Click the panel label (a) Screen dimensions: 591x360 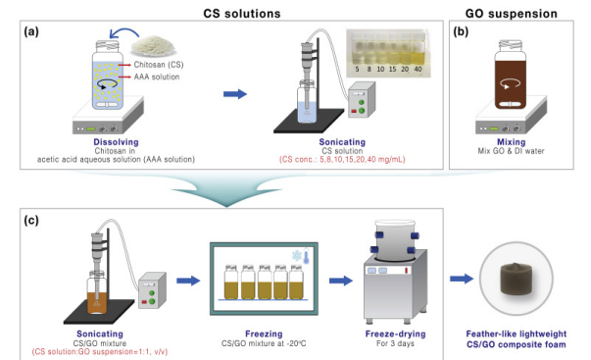coord(31,32)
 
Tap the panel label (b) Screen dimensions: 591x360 coord(461,32)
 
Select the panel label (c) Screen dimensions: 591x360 coord(31,220)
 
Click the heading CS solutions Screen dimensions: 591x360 coord(242,14)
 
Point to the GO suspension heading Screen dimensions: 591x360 coord(511,14)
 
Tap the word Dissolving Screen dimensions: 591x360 coord(116,142)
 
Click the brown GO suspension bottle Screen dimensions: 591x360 coord(511,76)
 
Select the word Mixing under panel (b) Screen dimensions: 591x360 coord(511,142)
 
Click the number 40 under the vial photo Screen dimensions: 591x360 coord(418,70)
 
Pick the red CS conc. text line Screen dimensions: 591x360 coord(342,160)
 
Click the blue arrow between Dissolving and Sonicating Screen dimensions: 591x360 coord(235,94)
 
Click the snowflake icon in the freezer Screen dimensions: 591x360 coord(297,256)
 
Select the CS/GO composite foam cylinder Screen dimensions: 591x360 coord(516,279)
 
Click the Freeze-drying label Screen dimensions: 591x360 coord(395,334)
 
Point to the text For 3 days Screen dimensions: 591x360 coord(395,343)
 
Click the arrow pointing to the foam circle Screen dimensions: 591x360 coord(462,279)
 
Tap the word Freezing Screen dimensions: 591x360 coord(264,334)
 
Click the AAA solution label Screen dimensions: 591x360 coord(157,77)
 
